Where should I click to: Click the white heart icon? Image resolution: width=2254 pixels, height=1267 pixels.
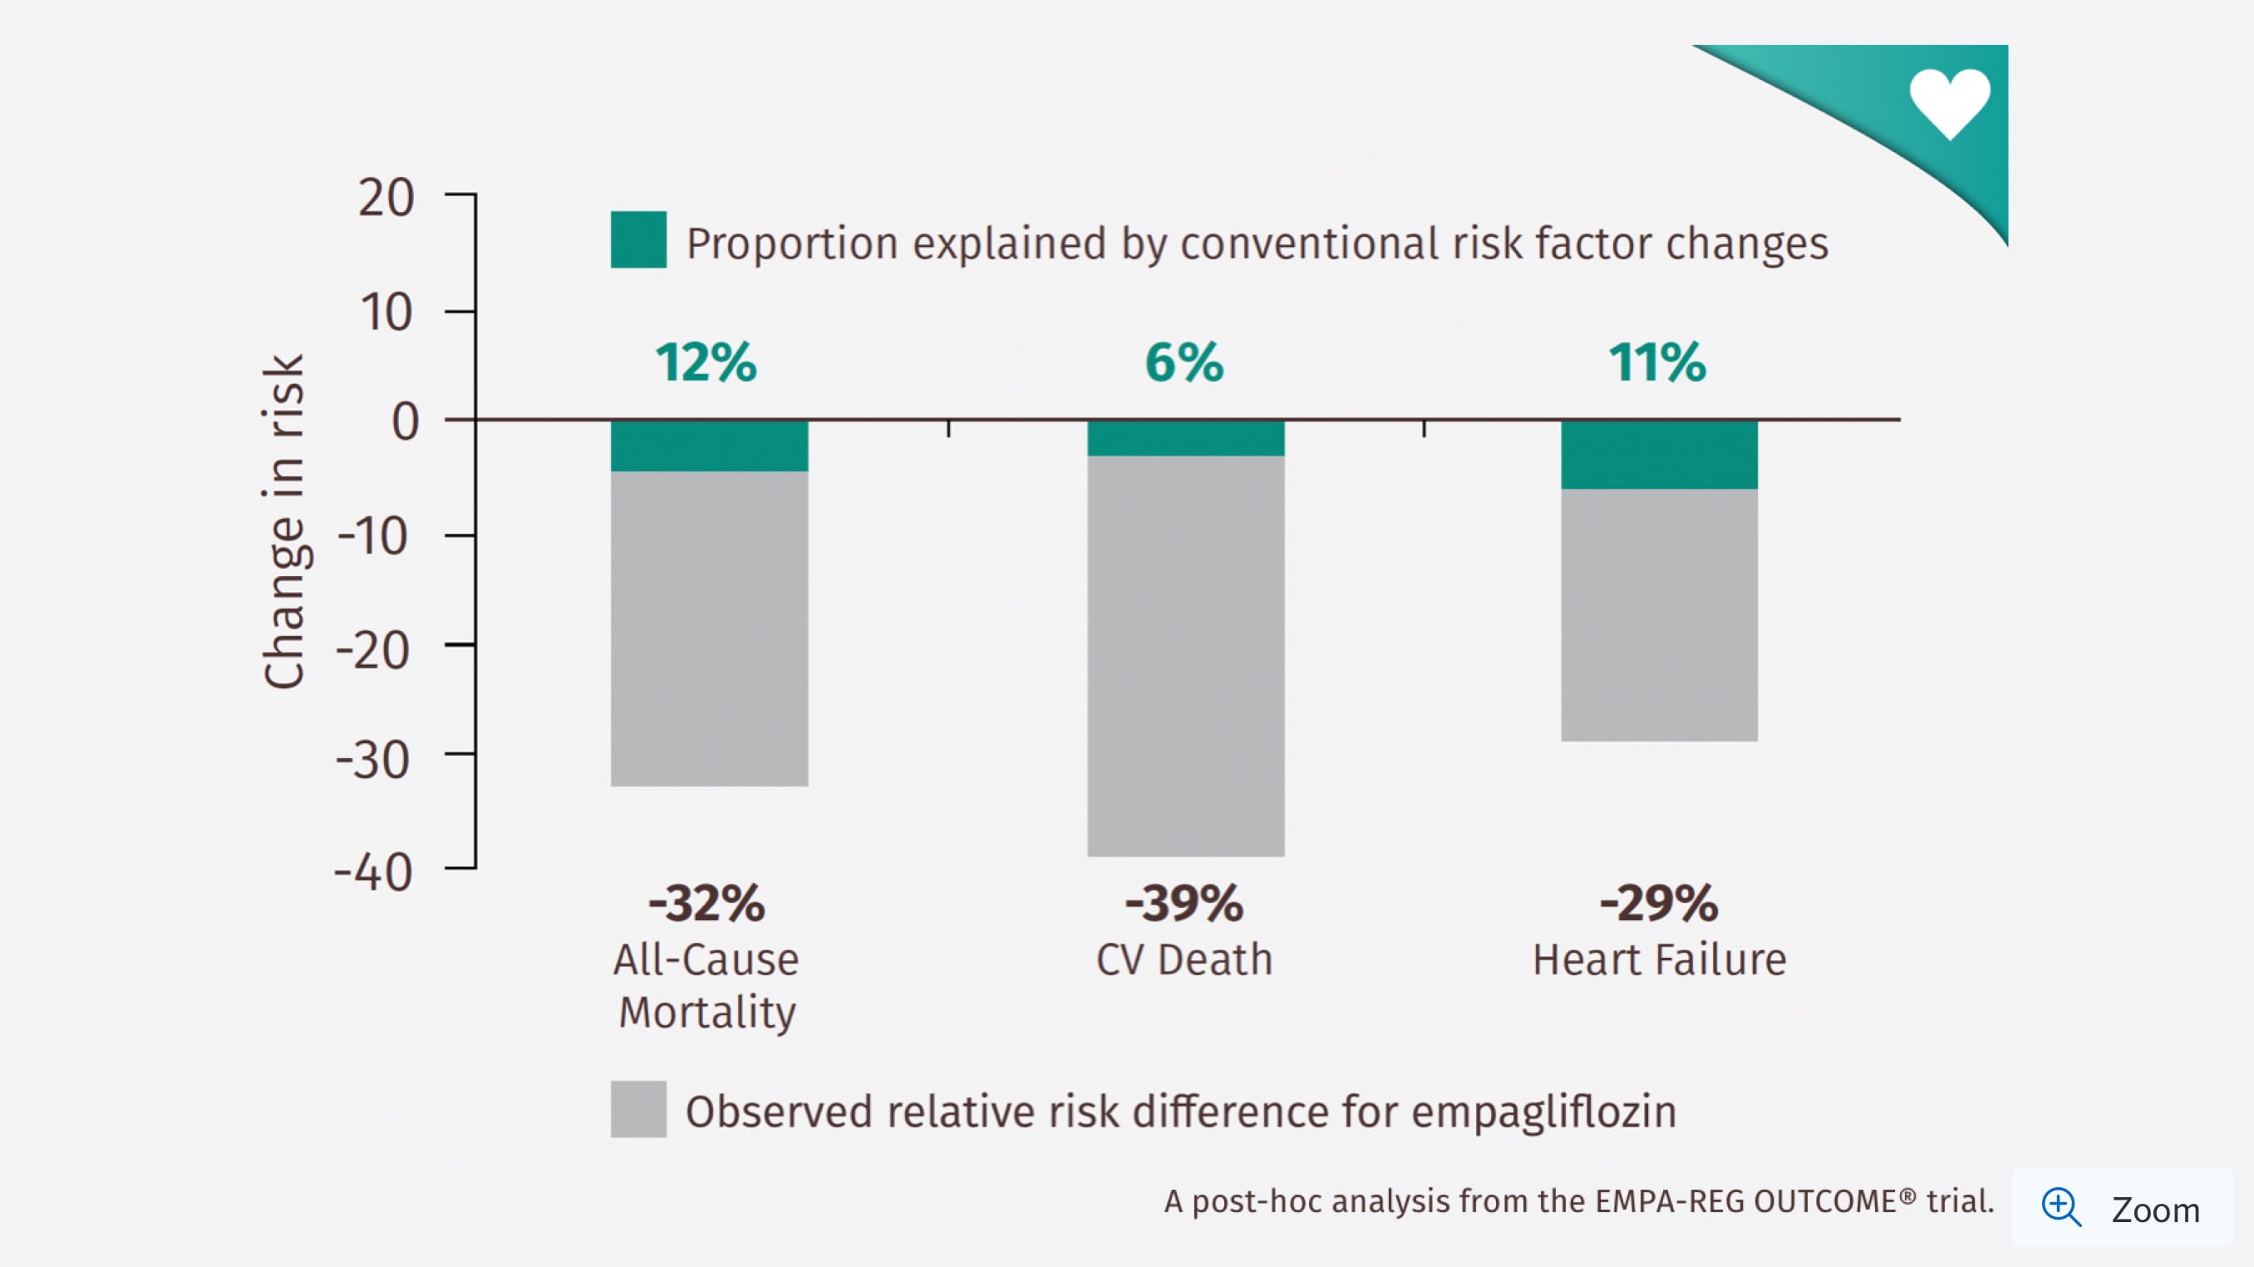coord(1950,102)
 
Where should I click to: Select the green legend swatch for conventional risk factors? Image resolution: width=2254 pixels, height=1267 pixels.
coord(637,239)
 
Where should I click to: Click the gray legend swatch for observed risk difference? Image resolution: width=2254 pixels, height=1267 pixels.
coord(637,1109)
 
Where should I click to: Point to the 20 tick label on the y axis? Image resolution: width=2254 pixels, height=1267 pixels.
coord(386,198)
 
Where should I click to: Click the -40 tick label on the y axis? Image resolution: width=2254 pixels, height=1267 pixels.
coord(374,872)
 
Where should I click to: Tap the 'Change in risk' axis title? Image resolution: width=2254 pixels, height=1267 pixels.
coord(284,521)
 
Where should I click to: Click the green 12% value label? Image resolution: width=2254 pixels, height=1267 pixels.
coord(706,362)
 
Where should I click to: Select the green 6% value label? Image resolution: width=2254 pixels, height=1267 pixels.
coord(1184,362)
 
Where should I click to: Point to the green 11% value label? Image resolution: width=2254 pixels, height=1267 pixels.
coord(1657,362)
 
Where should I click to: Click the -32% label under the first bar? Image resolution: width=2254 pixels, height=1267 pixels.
coord(706,903)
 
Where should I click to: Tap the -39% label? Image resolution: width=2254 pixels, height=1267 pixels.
coord(1184,903)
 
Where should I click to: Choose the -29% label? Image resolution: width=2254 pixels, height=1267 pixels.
coord(1659,903)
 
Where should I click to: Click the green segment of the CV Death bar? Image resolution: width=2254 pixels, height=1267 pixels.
coord(1186,438)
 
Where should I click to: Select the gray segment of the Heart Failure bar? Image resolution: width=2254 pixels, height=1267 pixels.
coord(1659,614)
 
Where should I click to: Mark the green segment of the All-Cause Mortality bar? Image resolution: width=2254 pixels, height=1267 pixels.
coord(709,446)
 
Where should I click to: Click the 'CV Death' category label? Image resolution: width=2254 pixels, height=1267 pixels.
coord(1184,960)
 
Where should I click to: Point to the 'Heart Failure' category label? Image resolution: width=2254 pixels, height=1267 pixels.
coord(1659,960)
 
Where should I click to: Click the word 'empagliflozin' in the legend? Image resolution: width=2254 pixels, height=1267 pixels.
coord(1543,1112)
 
